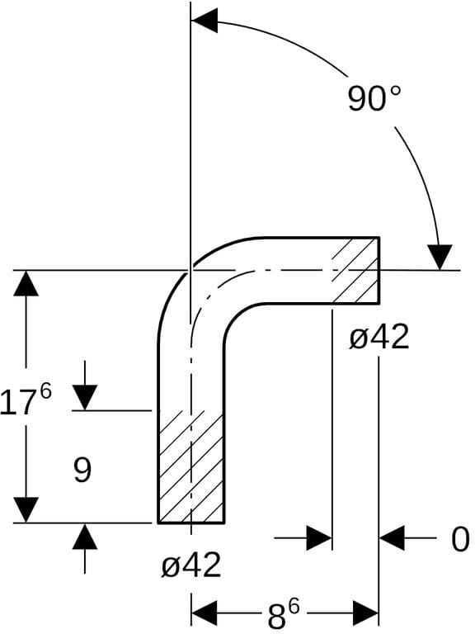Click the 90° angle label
(x=374, y=99)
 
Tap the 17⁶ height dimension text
(x=26, y=400)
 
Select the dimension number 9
(x=82, y=470)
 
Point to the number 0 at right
(x=460, y=539)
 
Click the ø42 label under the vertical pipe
(x=191, y=565)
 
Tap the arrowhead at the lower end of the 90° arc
(x=440, y=258)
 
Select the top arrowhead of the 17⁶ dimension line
(x=26, y=283)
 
